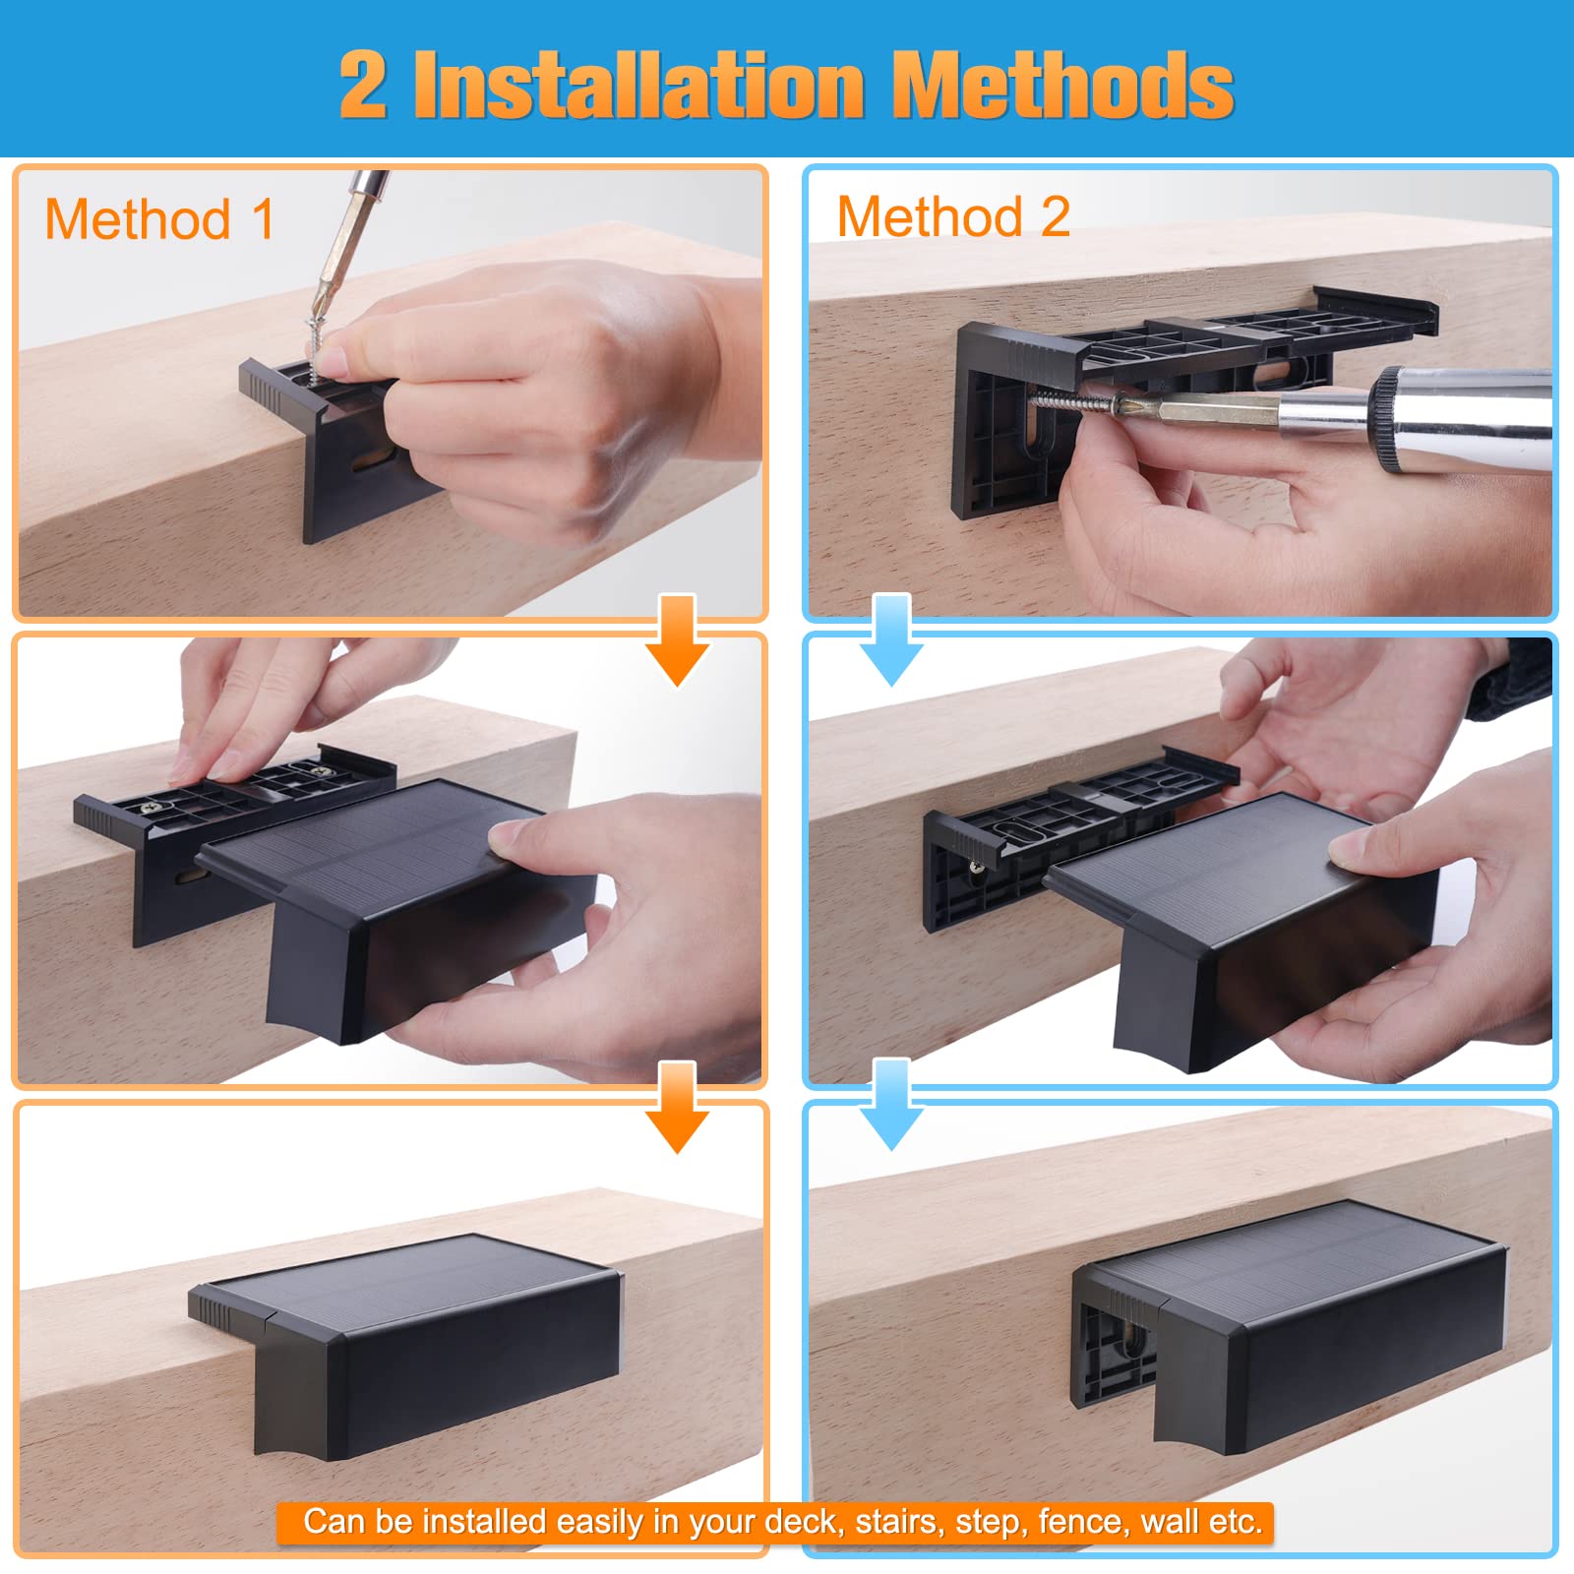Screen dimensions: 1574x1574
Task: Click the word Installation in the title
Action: point(638,85)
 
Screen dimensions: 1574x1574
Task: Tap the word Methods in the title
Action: point(1065,85)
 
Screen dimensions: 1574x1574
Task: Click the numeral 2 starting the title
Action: point(363,86)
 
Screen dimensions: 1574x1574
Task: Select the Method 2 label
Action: point(953,215)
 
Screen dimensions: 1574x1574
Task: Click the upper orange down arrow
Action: point(677,640)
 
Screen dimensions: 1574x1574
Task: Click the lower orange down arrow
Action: point(677,1108)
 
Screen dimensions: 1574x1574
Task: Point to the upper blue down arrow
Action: point(891,640)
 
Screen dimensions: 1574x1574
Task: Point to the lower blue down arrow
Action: point(891,1105)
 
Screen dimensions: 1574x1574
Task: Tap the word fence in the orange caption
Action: point(1082,1522)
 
